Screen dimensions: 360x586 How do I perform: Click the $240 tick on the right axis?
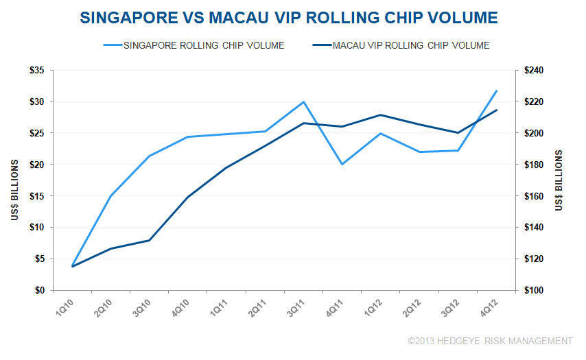532,70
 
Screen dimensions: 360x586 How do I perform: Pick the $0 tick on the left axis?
40,290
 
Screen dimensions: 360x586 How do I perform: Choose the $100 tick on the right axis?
532,290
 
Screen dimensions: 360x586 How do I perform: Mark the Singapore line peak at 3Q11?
303,101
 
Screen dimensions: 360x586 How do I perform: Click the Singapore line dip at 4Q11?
342,165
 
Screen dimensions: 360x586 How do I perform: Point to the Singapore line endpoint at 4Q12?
496,91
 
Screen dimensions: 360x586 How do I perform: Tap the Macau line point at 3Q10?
149,241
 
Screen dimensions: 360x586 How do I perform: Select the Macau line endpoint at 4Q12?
496,110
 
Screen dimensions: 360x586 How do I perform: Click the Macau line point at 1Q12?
380,115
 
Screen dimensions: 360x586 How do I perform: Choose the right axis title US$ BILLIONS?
559,180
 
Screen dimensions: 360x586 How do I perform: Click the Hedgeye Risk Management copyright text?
489,341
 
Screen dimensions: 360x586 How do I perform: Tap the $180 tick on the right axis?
532,165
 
